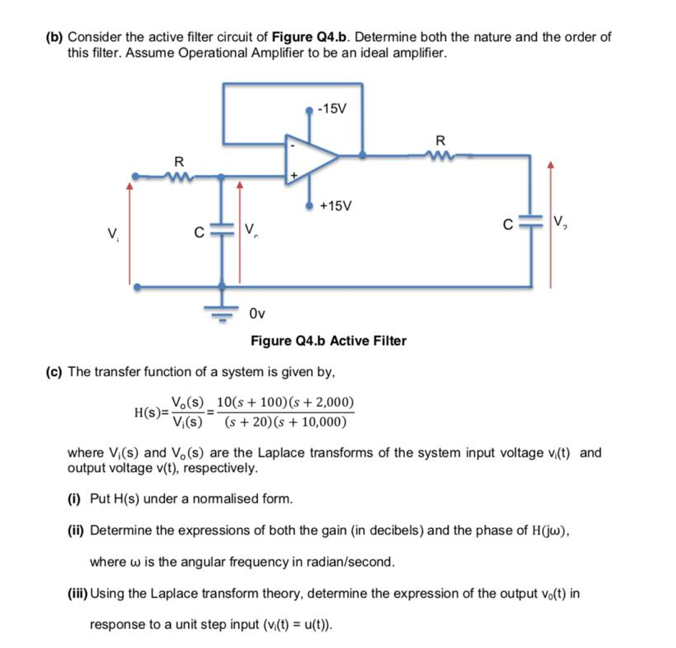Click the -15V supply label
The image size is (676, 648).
pyautogui.click(x=334, y=108)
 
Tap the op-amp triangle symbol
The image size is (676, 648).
pyautogui.click(x=310, y=154)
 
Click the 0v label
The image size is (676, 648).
pyautogui.click(x=256, y=313)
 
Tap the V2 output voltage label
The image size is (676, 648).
pyautogui.click(x=563, y=220)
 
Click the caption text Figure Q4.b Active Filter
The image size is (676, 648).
pyautogui.click(x=328, y=340)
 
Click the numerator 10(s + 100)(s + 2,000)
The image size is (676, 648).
pyautogui.click(x=282, y=402)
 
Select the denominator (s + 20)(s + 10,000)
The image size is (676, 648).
pyautogui.click(x=280, y=422)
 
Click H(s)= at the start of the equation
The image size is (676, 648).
pyautogui.click(x=150, y=412)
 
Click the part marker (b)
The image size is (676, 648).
pyautogui.click(x=53, y=38)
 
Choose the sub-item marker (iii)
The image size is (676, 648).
pyautogui.click(x=77, y=594)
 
